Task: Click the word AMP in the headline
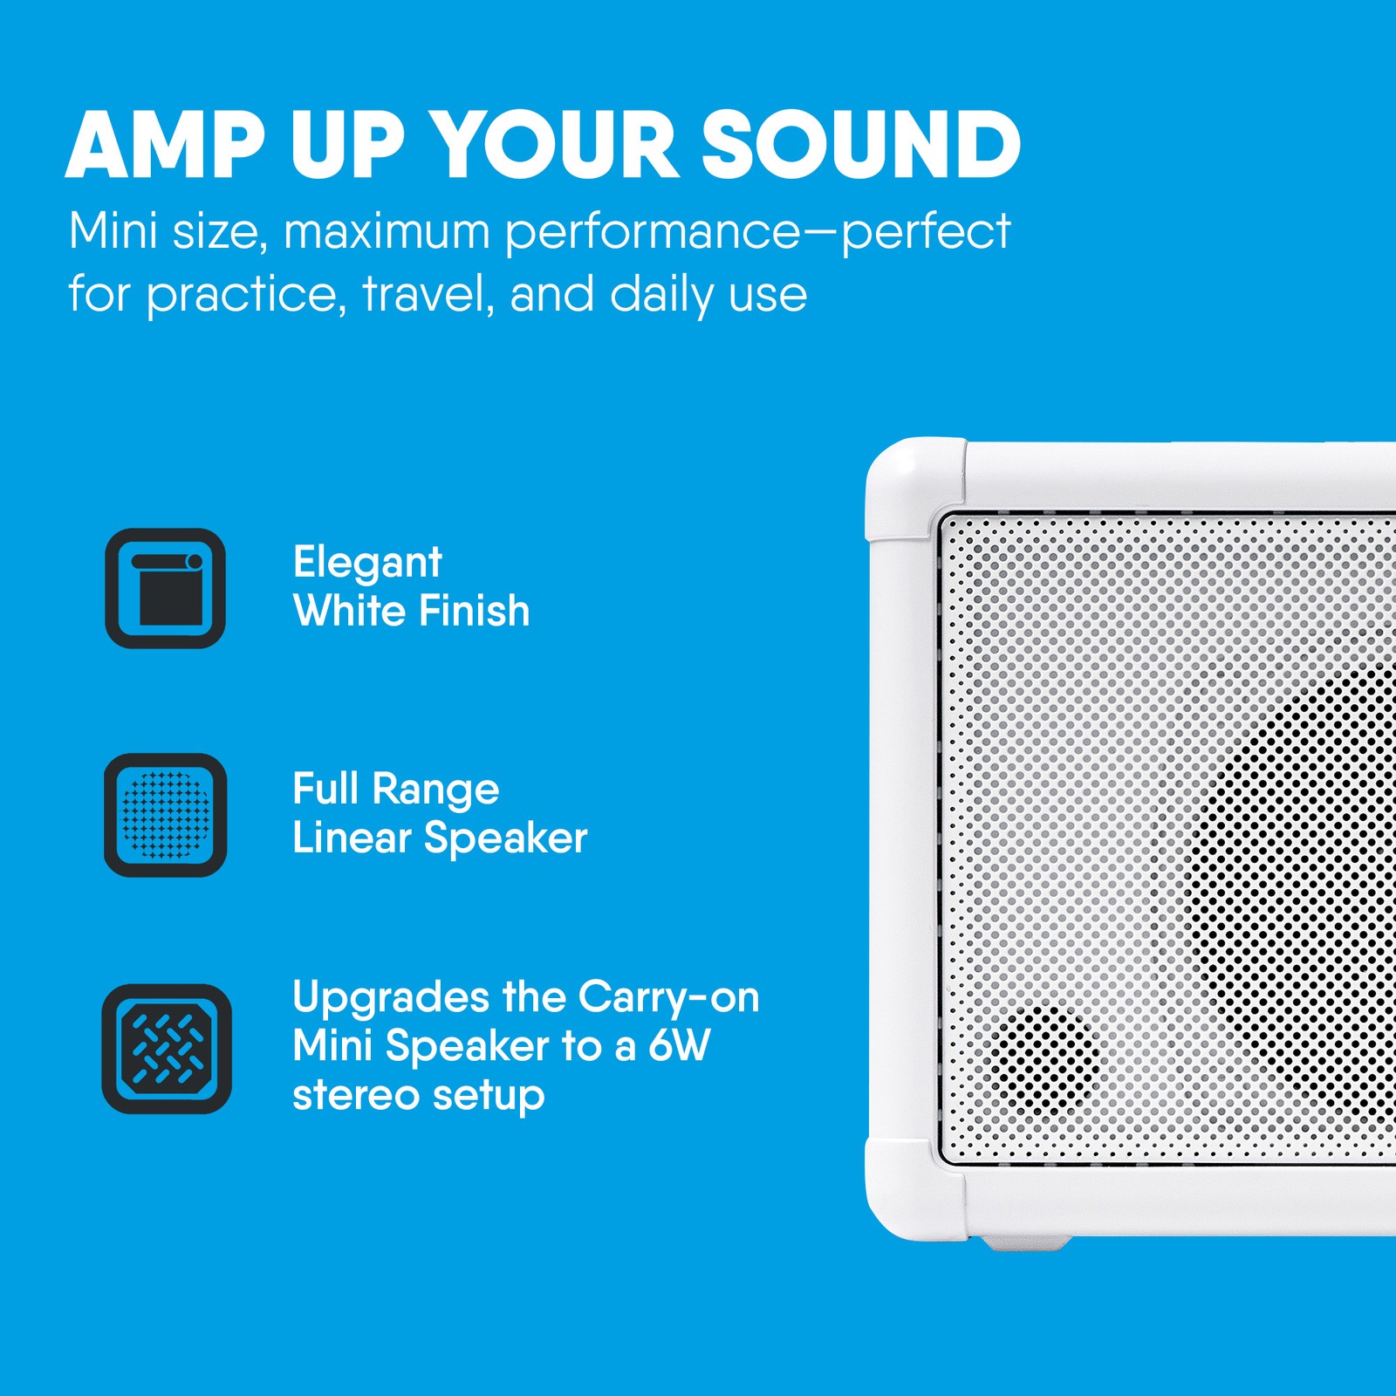pyautogui.click(x=165, y=145)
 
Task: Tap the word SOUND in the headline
pyautogui.click(x=860, y=145)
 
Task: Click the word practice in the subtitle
pyautogui.click(x=241, y=295)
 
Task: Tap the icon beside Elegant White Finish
pyautogui.click(x=165, y=588)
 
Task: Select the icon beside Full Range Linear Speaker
pyautogui.click(x=165, y=815)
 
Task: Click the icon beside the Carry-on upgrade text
pyautogui.click(x=167, y=1049)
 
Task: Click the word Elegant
pyautogui.click(x=367, y=563)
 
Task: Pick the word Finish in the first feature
pyautogui.click(x=472, y=610)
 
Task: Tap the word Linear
pyautogui.click(x=352, y=838)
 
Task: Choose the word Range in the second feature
pyautogui.click(x=435, y=790)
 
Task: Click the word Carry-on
pyautogui.click(x=668, y=998)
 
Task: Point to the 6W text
pyautogui.click(x=679, y=1045)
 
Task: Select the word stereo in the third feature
pyautogui.click(x=355, y=1095)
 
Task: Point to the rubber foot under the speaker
pyautogui.click(x=1025, y=1242)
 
